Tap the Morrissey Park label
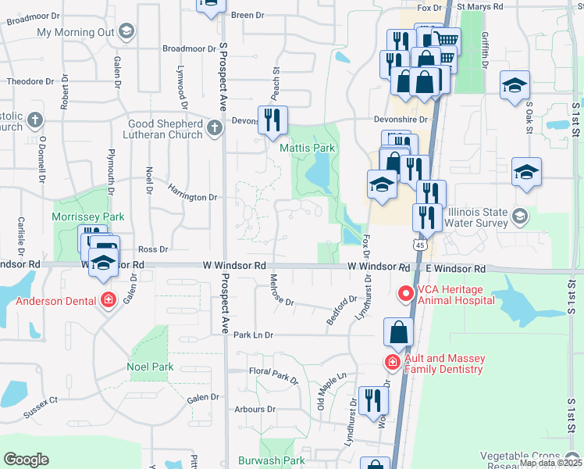(87, 216)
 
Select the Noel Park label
(151, 367)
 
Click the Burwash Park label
(272, 460)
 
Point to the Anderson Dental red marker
(108, 300)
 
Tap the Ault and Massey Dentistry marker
(391, 363)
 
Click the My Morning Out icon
(126, 31)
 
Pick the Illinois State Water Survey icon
(520, 215)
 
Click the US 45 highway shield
(420, 245)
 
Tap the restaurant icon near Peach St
(272, 120)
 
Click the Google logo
(26, 460)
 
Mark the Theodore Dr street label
(30, 81)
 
